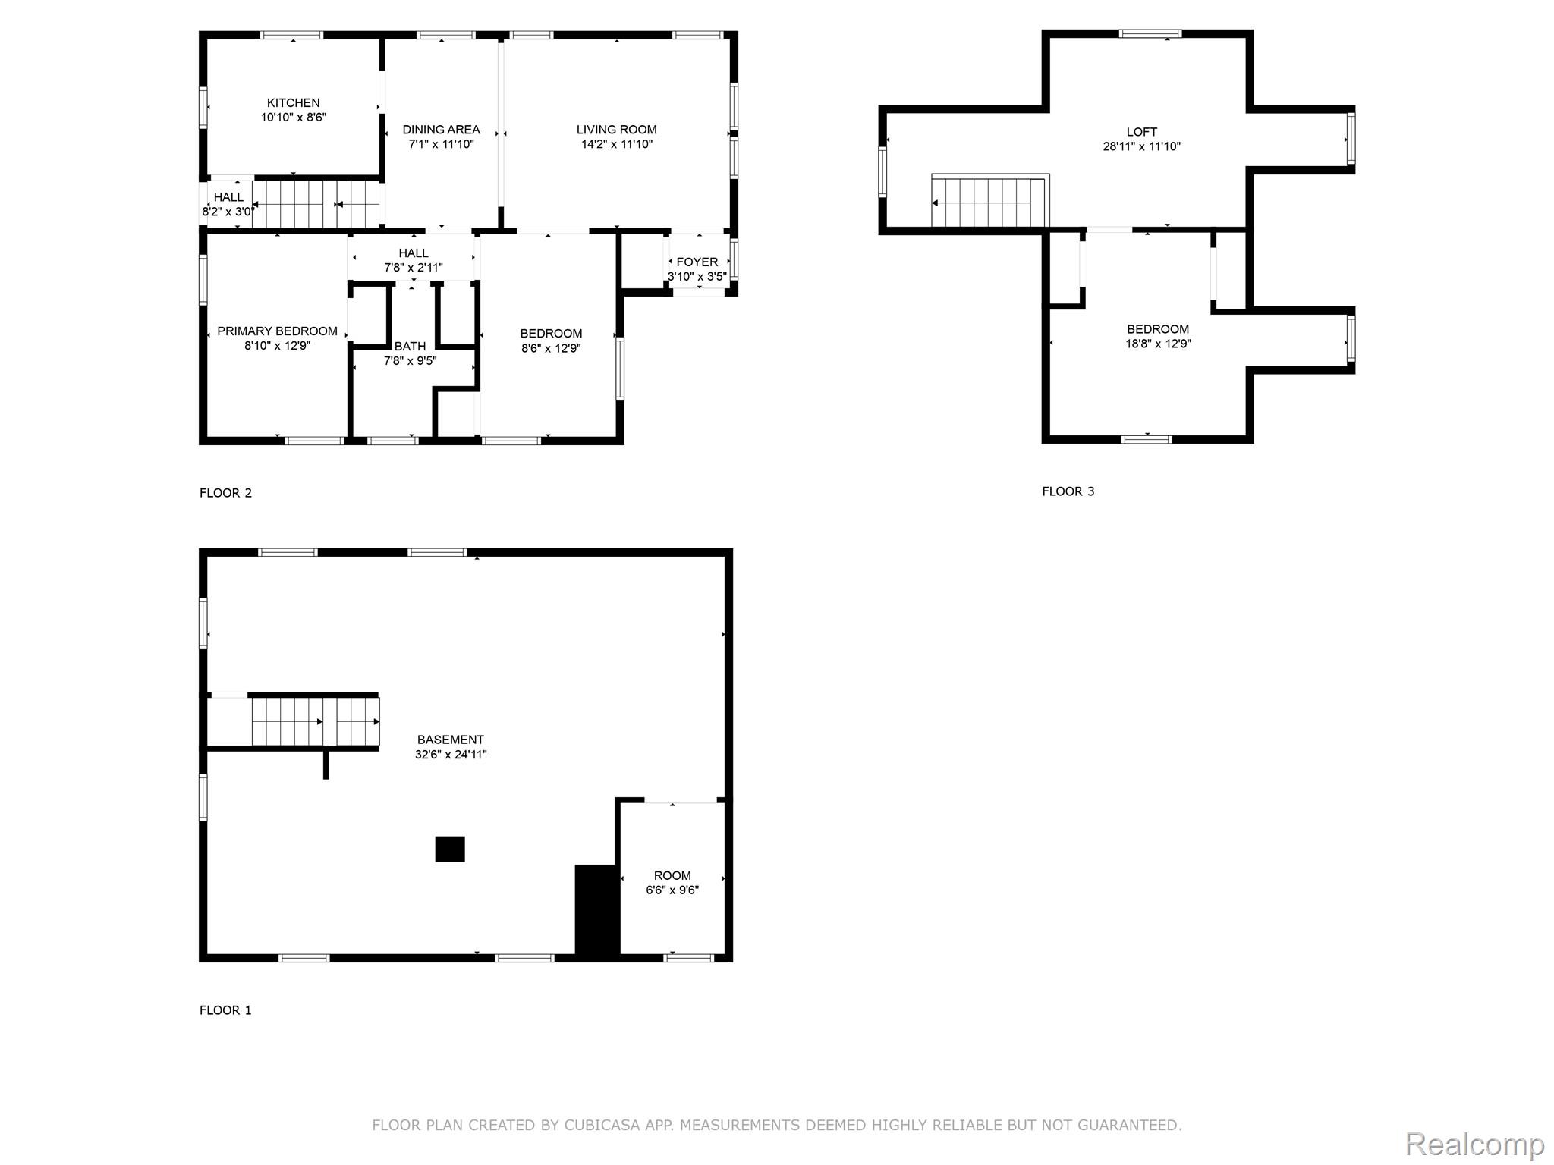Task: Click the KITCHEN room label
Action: click(x=293, y=103)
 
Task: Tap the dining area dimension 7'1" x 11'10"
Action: click(x=441, y=144)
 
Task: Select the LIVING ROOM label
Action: click(x=616, y=130)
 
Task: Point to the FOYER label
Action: click(x=697, y=262)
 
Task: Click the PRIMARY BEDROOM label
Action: click(x=277, y=331)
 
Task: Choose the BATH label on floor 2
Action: click(x=410, y=347)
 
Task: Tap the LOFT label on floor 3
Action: click(x=1141, y=132)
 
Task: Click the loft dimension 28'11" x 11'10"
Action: click(x=1141, y=146)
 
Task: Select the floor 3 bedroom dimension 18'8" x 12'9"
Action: click(x=1157, y=344)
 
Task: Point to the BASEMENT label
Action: click(x=450, y=740)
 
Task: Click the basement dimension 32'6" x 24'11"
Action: click(x=450, y=755)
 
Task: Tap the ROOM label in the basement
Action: click(x=672, y=875)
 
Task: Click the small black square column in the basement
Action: click(x=450, y=849)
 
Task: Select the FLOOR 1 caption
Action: click(x=225, y=1010)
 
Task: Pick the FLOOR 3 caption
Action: click(x=1068, y=491)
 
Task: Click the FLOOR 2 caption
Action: click(x=225, y=493)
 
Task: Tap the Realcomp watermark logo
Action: click(x=1474, y=1144)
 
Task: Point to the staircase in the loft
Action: click(x=990, y=202)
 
